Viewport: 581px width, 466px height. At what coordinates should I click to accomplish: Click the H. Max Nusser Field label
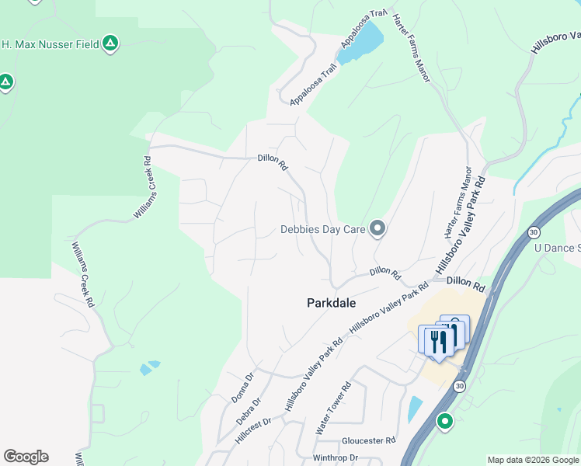pos(50,44)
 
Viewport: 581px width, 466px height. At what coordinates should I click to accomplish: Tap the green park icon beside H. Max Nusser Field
pos(111,43)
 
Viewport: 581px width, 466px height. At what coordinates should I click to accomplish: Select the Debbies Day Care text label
pos(322,229)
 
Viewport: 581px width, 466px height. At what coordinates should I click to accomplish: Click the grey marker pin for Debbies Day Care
pos(377,228)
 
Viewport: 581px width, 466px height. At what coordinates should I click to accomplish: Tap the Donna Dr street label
pos(242,388)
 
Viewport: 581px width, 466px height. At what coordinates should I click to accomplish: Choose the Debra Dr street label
pos(249,411)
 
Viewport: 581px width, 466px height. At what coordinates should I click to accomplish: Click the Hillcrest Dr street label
pos(252,432)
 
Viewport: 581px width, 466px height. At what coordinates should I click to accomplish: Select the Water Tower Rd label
pos(334,408)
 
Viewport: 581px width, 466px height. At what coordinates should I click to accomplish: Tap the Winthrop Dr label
pos(335,458)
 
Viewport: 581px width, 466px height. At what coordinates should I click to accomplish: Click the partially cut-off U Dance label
pos(558,248)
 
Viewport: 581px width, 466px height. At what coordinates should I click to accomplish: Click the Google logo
pos(26,457)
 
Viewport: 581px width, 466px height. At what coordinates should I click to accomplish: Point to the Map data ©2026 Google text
pos(532,460)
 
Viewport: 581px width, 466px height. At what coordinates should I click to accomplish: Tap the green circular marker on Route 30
pos(445,422)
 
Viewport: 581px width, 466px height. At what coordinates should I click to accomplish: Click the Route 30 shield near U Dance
pos(533,231)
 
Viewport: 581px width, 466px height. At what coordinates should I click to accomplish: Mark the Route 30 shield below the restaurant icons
pos(460,386)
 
